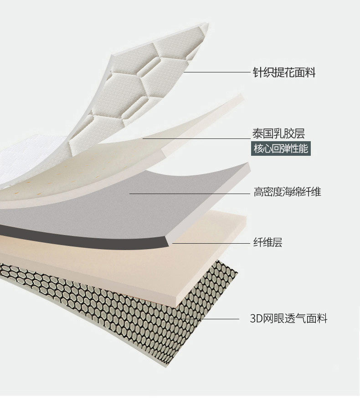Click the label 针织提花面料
click(x=284, y=72)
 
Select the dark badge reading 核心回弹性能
click(x=281, y=149)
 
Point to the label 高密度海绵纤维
click(x=287, y=192)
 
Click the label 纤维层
click(x=268, y=242)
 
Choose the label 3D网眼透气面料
click(x=288, y=318)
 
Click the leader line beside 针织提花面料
click(x=214, y=72)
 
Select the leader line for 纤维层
click(x=210, y=243)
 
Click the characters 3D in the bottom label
click(x=255, y=318)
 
